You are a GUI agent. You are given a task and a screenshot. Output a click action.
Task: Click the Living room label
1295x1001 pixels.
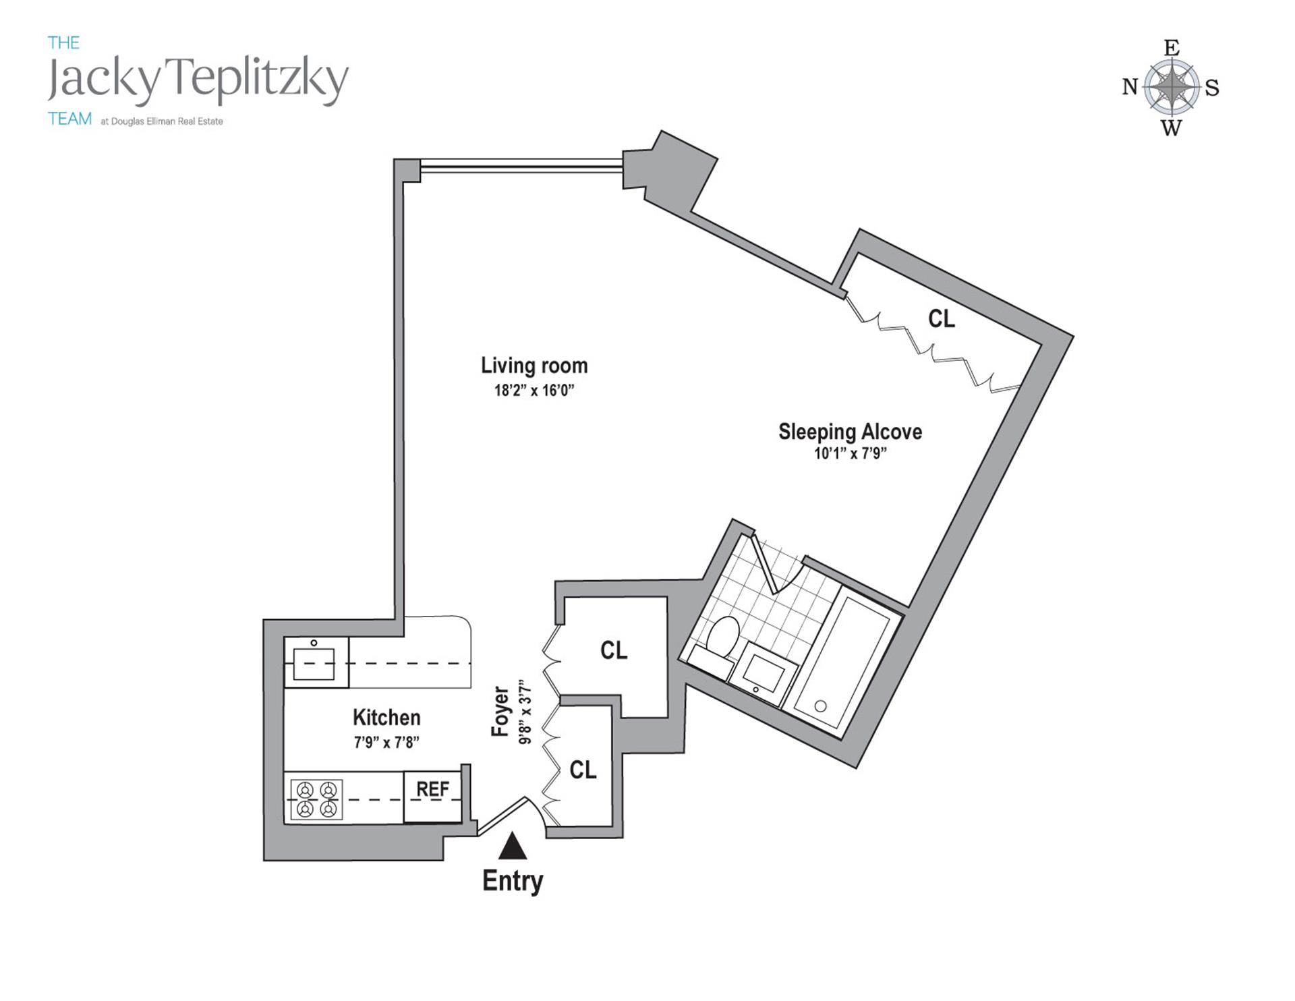point(534,366)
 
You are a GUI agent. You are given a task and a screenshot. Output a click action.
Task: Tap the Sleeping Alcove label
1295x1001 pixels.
point(850,432)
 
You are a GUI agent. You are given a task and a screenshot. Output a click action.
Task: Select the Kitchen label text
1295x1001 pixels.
point(386,717)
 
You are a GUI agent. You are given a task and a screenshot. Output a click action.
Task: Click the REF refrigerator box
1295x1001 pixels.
point(432,796)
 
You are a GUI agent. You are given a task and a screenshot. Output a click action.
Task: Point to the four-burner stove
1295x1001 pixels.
point(316,799)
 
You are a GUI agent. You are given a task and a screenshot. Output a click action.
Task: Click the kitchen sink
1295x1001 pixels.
point(314,663)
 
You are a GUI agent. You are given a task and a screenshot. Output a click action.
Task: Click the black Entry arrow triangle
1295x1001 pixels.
point(513,847)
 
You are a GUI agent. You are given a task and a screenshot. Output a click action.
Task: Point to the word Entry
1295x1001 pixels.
point(513,881)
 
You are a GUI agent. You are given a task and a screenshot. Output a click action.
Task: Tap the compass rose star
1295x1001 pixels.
point(1172,87)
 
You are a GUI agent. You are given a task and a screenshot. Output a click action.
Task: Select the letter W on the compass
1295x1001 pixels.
point(1172,128)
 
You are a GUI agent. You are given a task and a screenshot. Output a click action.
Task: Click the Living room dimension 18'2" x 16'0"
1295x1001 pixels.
point(534,391)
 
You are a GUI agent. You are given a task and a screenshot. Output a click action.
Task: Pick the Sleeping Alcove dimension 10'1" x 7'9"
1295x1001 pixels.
point(850,454)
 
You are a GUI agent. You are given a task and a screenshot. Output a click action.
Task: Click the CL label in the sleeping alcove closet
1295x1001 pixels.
point(942,319)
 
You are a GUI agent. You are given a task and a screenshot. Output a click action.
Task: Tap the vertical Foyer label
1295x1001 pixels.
point(500,712)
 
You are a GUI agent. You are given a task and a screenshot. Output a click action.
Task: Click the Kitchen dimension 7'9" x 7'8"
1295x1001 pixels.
point(386,743)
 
